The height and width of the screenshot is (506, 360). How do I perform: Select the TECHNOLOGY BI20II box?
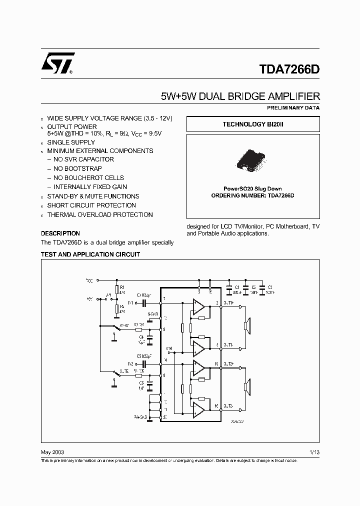tap(253, 124)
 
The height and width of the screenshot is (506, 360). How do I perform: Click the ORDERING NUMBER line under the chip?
tap(253, 196)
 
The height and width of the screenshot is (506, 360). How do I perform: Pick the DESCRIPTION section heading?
tap(60, 233)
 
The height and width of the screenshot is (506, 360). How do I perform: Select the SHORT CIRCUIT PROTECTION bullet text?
tap(91, 205)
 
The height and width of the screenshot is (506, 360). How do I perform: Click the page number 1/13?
tap(314, 451)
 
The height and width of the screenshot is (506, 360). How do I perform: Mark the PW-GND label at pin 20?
tap(140, 416)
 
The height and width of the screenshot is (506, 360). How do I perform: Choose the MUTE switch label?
tap(125, 371)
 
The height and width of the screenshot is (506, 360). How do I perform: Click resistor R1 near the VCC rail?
tap(116, 288)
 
